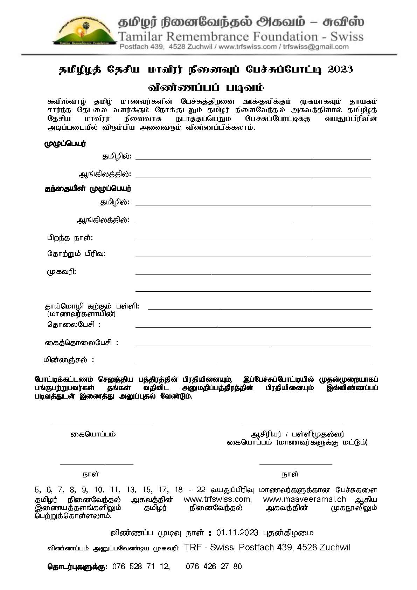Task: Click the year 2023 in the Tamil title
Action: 340,69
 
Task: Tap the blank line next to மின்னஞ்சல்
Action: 253,362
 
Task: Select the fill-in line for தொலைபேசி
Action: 253,327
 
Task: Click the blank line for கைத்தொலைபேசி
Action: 253,345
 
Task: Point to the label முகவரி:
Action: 62,271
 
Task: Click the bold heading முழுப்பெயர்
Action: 65,143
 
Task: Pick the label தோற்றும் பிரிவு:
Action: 76,253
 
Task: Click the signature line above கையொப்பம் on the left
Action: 102,425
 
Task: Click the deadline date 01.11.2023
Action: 237,533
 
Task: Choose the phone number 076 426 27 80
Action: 214,567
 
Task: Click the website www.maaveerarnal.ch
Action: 304,499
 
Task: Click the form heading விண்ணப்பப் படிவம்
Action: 206,87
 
